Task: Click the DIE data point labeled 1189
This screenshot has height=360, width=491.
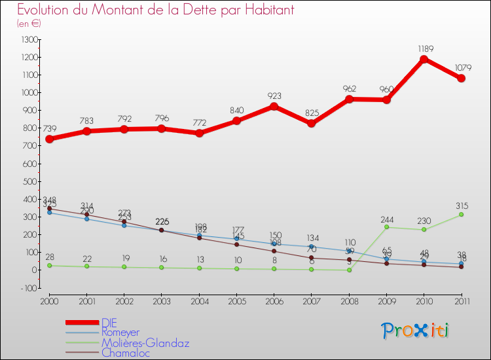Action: [424, 60]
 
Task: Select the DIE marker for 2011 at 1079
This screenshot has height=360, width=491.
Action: [462, 79]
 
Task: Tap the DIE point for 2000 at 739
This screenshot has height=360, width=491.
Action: [49, 139]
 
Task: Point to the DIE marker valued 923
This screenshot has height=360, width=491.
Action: [274, 106]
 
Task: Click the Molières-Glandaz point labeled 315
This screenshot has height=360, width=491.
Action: [462, 214]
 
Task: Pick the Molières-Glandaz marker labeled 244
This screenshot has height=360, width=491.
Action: [387, 227]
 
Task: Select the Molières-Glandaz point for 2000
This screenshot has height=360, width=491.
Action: [49, 265]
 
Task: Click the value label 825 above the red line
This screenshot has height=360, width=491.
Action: [312, 113]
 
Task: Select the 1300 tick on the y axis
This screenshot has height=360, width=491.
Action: [29, 40]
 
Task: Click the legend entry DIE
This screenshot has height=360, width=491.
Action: [109, 322]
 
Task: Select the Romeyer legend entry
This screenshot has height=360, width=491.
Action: [120, 333]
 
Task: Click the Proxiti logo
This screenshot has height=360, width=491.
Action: [415, 331]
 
